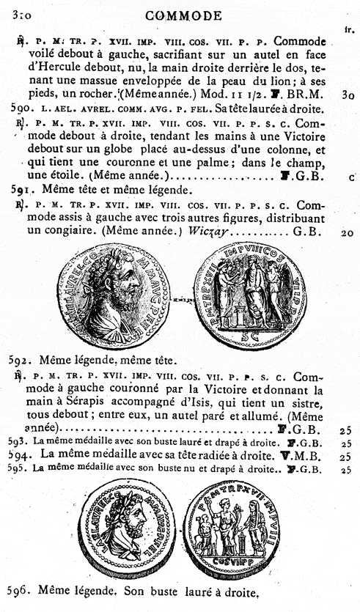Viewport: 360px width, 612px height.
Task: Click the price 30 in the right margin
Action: point(348,94)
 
